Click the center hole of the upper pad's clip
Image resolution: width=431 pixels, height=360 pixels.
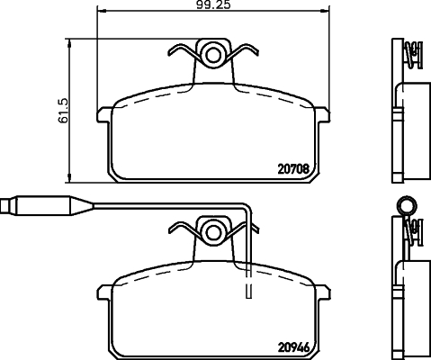point(213,55)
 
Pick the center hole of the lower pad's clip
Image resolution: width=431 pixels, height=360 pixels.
point(213,230)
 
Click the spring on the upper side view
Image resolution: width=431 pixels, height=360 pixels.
point(413,56)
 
